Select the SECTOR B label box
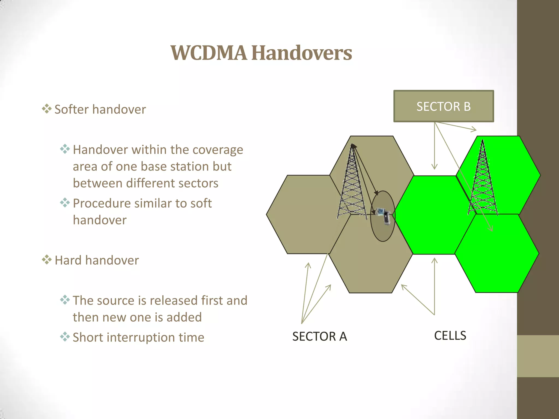(x=444, y=106)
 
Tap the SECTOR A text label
(x=319, y=336)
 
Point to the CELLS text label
(x=450, y=336)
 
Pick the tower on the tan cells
(x=352, y=183)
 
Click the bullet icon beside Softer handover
(x=47, y=109)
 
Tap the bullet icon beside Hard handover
(x=47, y=260)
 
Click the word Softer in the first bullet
(x=72, y=109)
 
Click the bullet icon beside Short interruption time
(x=65, y=337)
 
